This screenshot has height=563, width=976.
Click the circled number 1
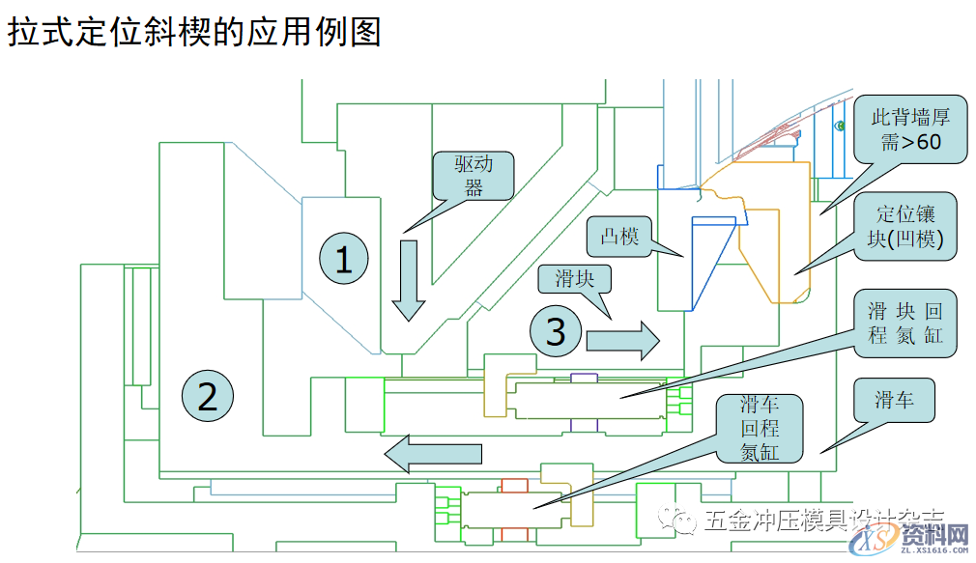pyautogui.click(x=344, y=259)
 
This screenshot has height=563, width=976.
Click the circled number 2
pyautogui.click(x=207, y=396)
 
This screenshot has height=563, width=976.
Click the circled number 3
pyautogui.click(x=556, y=333)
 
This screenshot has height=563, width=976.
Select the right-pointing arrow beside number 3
pyautogui.click(x=622, y=341)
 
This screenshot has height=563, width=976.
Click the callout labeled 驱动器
pyautogui.click(x=474, y=176)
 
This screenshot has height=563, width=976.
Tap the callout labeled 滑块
pyautogui.click(x=574, y=280)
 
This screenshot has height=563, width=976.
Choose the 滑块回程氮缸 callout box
pyautogui.click(x=904, y=324)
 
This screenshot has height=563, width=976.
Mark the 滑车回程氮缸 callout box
pyautogui.click(x=760, y=428)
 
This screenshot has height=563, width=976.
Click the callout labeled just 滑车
pyautogui.click(x=895, y=400)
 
